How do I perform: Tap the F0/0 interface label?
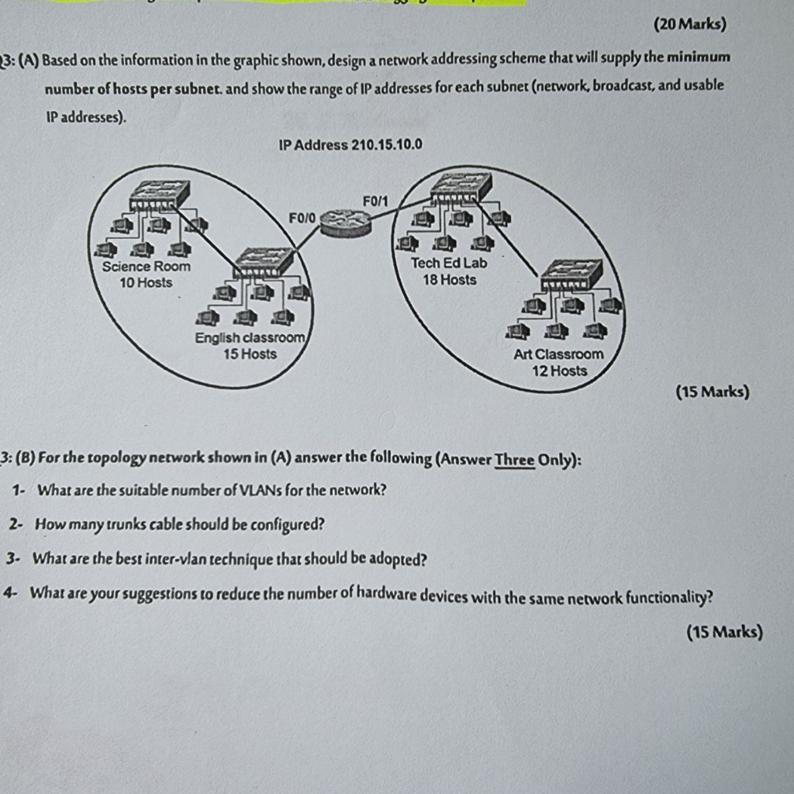point(302,218)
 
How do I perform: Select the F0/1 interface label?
point(375,202)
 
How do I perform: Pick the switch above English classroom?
point(264,262)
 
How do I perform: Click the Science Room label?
point(146,266)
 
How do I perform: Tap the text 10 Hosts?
point(146,282)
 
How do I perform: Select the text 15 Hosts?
point(250,354)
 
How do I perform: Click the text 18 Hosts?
point(450,279)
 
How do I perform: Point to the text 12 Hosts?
point(559,371)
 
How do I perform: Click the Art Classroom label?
point(558,354)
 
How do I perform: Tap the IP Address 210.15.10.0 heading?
point(350,145)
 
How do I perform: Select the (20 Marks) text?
point(690,24)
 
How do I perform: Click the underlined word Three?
point(515,459)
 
